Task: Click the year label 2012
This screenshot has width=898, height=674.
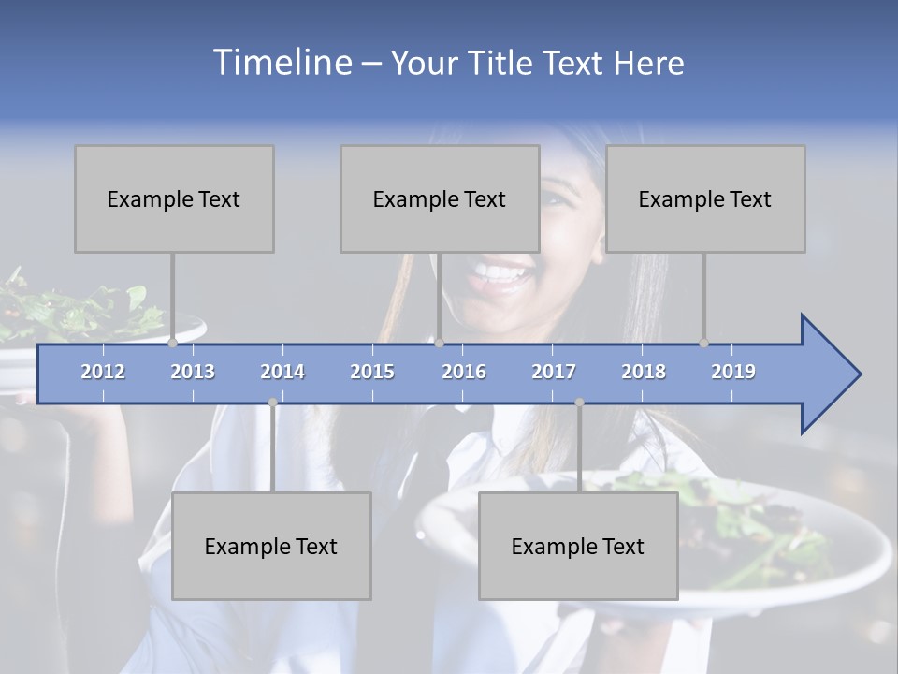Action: (x=103, y=372)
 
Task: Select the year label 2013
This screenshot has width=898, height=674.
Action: (x=193, y=372)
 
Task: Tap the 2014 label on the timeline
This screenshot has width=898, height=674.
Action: (x=282, y=372)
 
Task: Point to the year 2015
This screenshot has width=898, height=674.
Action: (x=372, y=372)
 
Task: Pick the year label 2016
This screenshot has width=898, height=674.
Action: (x=464, y=372)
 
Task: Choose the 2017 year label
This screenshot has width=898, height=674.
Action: (x=554, y=372)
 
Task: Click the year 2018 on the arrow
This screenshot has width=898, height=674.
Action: (x=644, y=372)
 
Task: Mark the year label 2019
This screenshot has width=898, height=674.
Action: (x=733, y=372)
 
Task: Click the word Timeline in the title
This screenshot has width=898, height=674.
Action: (x=281, y=63)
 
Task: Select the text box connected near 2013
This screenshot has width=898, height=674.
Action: (x=174, y=198)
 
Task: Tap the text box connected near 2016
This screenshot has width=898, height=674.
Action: (x=440, y=198)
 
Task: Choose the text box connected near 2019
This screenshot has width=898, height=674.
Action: (x=705, y=198)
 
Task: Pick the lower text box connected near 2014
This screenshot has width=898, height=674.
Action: (x=271, y=546)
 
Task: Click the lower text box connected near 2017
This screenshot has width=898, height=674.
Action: (x=578, y=546)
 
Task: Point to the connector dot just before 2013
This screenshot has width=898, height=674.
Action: (x=172, y=344)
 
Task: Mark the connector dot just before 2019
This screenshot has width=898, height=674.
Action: (x=703, y=344)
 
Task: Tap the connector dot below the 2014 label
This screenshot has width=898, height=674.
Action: (x=272, y=403)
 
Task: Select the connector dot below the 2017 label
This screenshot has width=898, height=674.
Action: (x=579, y=403)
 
